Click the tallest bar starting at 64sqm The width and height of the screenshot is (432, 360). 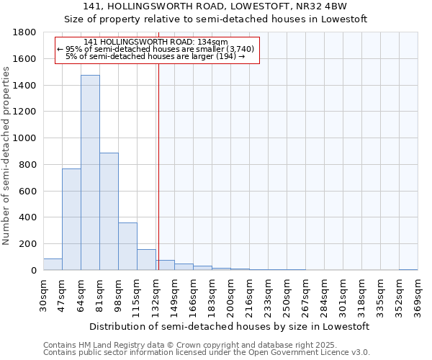pyautogui.click(x=90, y=173)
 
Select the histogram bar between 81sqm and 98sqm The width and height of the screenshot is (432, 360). pyautogui.click(x=109, y=212)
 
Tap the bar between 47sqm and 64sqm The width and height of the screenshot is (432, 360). pyautogui.click(x=71, y=220)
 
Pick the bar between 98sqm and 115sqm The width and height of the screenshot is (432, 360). pyautogui.click(x=127, y=246)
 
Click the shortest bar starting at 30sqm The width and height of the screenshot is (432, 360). pyautogui.click(x=53, y=264)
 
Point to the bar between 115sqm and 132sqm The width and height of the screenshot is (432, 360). pyautogui.click(x=146, y=260)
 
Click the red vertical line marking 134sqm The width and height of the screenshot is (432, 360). pyautogui.click(x=158, y=166)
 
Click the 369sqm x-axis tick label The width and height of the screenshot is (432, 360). pyautogui.click(x=418, y=297)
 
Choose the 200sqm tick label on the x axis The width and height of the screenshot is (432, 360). pyautogui.click(x=230, y=297)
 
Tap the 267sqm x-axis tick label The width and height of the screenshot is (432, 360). pyautogui.click(x=305, y=297)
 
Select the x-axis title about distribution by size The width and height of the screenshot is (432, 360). pyautogui.click(x=230, y=326)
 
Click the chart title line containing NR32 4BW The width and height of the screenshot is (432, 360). pyautogui.click(x=215, y=6)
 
